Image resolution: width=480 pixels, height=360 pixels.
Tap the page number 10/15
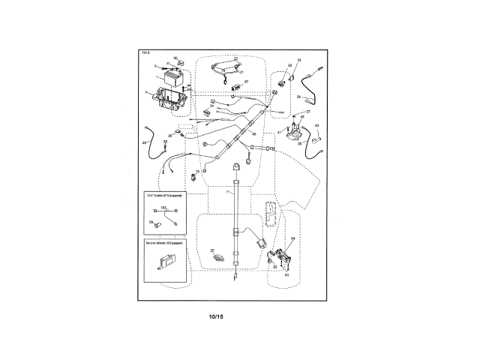[x=217, y=316]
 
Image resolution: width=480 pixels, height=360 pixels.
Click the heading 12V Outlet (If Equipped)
[x=164, y=195]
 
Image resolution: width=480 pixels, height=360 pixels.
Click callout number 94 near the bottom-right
[x=292, y=238]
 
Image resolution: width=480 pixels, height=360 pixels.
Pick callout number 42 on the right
[x=316, y=125]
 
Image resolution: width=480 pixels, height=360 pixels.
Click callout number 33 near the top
[x=298, y=60]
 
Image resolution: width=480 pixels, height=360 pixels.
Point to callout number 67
[x=245, y=82]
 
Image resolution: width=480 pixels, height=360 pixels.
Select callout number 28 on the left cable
[x=144, y=142]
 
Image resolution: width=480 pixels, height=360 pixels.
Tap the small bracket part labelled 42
[x=314, y=137]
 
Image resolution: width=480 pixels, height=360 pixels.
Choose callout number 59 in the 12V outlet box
[x=151, y=223]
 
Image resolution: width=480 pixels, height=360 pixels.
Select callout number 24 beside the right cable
[x=298, y=97]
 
